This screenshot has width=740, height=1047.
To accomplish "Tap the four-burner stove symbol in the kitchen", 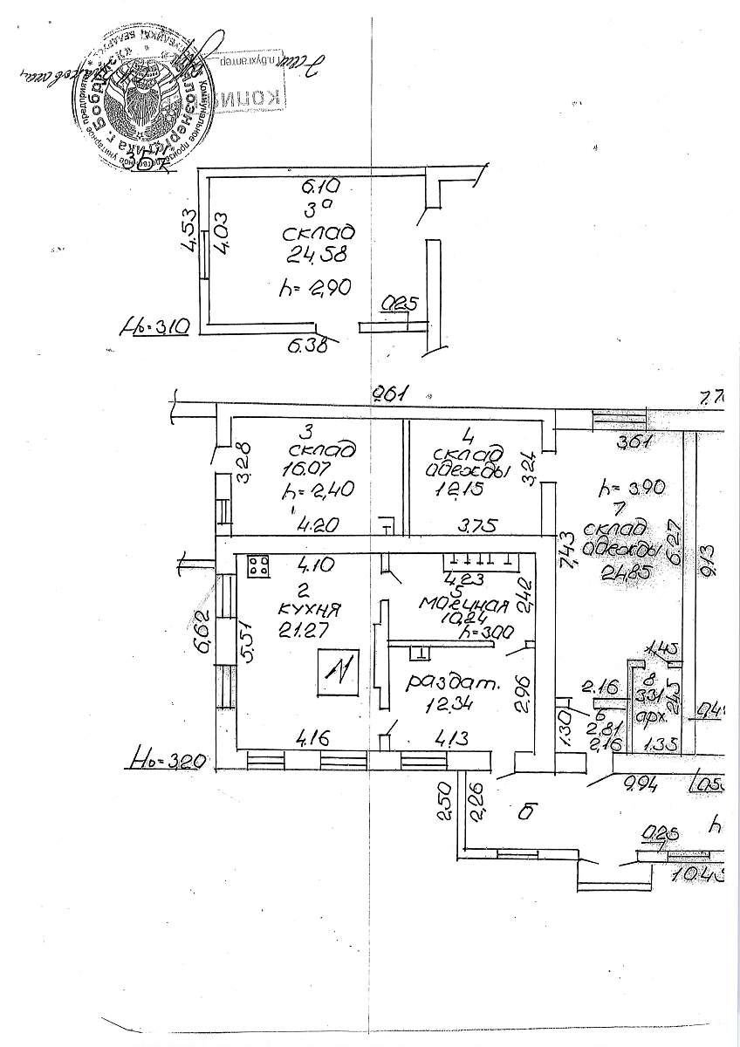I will click(258, 566).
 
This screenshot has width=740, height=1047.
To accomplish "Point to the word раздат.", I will click(453, 684).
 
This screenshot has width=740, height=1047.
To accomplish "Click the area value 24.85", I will click(627, 573).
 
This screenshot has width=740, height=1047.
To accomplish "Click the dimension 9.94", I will click(640, 783).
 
